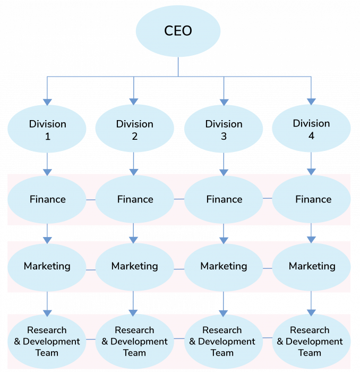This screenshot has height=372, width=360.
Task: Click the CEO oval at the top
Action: pyautogui.click(x=178, y=31)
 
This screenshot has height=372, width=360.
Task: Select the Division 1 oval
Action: pyautogui.click(x=47, y=129)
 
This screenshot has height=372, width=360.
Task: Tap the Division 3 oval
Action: pyautogui.click(x=224, y=130)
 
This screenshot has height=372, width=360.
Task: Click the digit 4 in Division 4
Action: pyautogui.click(x=311, y=136)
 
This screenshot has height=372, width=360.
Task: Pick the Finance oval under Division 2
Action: pyautogui.click(x=135, y=199)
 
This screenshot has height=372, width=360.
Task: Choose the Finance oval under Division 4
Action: pyautogui.click(x=312, y=199)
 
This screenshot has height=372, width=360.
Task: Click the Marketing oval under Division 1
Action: pyautogui.click(x=47, y=266)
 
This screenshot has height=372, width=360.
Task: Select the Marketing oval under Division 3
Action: pyautogui.click(x=224, y=266)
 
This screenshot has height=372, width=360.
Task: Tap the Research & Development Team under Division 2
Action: pyautogui.click(x=134, y=341)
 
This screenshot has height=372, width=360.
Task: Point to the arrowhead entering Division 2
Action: pyautogui.click(x=134, y=100)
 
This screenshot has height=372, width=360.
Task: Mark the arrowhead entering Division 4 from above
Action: pyautogui.click(x=311, y=101)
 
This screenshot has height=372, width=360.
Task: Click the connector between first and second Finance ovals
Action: pyautogui.click(x=91, y=200)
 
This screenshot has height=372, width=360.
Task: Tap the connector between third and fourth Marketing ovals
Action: pyautogui.click(x=267, y=268)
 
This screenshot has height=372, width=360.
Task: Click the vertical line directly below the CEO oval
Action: pyautogui.click(x=178, y=66)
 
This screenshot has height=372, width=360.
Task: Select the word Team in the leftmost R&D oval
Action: pyautogui.click(x=47, y=353)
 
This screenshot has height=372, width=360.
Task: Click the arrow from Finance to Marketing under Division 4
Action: pyautogui.click(x=311, y=233)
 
